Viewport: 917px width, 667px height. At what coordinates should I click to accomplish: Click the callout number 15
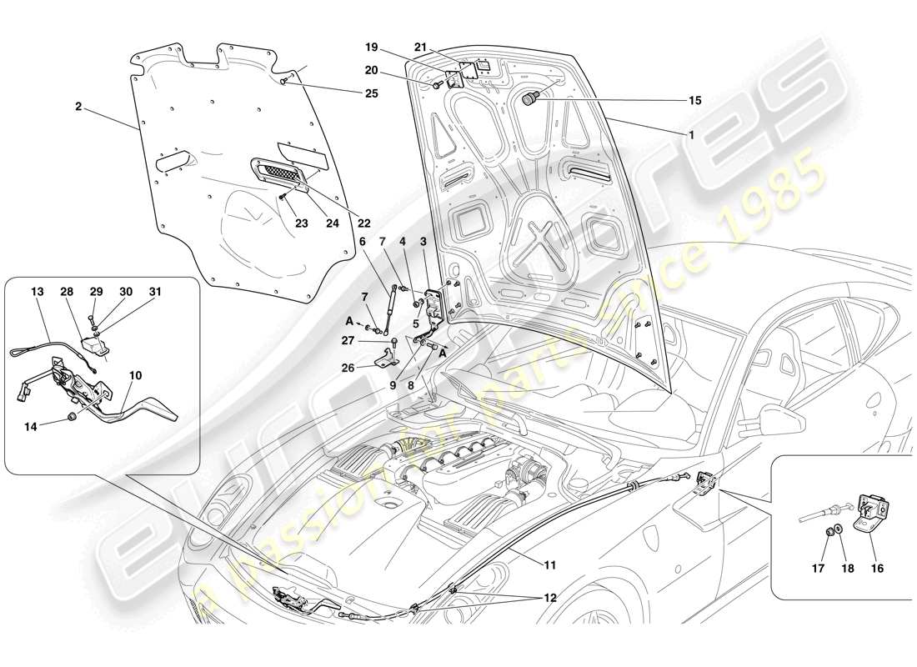click(694, 100)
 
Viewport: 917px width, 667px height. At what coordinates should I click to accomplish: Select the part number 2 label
click(78, 108)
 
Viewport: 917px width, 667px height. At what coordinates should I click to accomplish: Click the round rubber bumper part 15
click(529, 100)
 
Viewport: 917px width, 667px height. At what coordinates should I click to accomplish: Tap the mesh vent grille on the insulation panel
click(278, 175)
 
